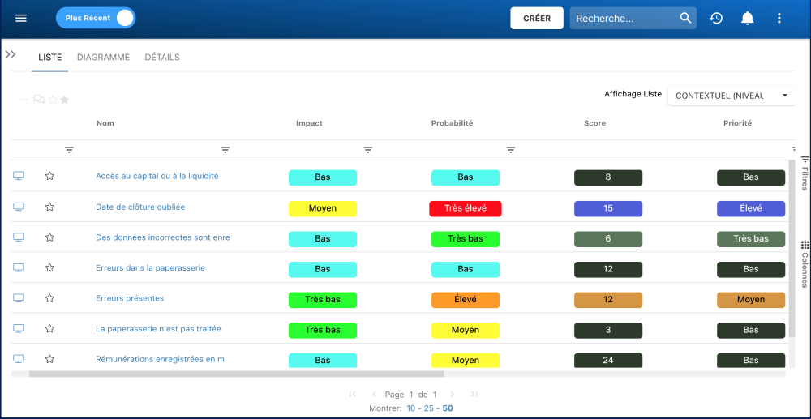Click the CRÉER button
pos(536,19)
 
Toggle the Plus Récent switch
pos(96,18)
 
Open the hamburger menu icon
pos(21,18)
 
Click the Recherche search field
pos(624,19)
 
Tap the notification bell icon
pos(748,18)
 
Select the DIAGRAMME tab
pos(103,58)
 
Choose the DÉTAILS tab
pos(162,58)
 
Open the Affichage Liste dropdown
pos(730,96)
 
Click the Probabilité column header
pos(452,123)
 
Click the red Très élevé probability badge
pos(466,208)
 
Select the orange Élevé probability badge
pos(466,299)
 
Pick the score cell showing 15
pos(608,208)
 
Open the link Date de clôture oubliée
pos(140,207)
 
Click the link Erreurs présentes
pos(130,298)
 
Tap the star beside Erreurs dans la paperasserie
pos(49,268)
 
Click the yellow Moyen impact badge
pos(323,208)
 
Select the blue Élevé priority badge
pos(751,208)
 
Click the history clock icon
pos(716,18)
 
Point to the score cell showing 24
pos(608,360)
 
